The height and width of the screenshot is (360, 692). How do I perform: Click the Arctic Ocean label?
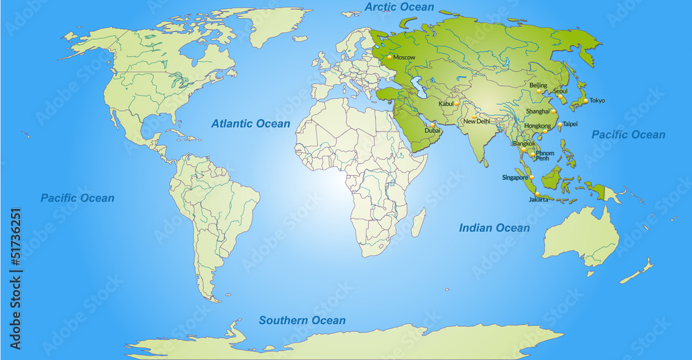(399, 7)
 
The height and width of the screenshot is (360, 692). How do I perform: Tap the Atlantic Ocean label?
(251, 123)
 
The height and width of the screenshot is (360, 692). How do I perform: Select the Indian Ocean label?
(495, 228)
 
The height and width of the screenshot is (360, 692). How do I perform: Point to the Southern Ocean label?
(302, 320)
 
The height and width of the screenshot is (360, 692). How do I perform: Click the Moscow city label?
(404, 57)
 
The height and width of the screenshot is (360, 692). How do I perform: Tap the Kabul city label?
(446, 104)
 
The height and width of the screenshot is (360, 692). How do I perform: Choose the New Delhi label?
(477, 121)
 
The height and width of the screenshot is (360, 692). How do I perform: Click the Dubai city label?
(432, 130)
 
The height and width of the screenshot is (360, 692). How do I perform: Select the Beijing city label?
(538, 86)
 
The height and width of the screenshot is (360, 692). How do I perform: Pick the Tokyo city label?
(597, 100)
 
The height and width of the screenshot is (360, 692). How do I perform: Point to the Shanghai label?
(537, 111)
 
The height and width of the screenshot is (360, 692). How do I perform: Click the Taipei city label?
(570, 124)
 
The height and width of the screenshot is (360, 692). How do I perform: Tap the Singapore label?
(515, 178)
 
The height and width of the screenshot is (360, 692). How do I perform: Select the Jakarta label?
(538, 199)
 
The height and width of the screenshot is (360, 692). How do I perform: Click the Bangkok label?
(525, 144)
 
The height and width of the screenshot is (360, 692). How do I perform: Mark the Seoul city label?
(561, 91)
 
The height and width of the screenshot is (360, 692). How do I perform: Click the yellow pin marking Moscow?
(390, 56)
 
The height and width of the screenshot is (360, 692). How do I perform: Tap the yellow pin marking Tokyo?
(585, 100)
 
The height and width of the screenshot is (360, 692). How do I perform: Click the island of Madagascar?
(418, 222)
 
